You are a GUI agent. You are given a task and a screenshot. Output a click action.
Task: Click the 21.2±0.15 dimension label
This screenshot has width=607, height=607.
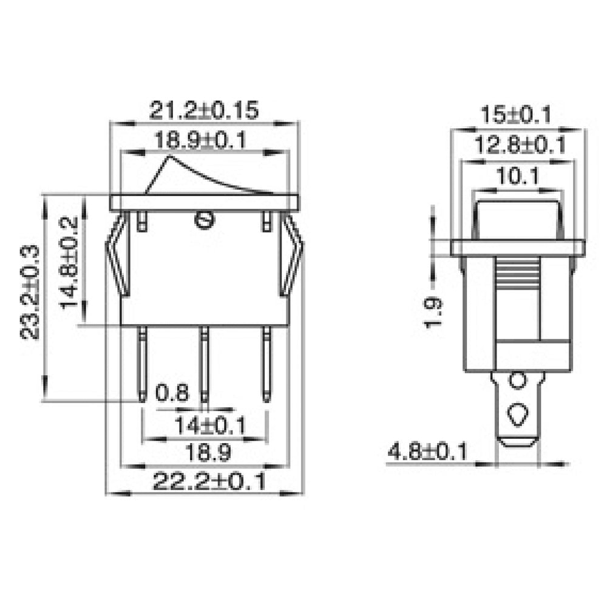click(x=204, y=110)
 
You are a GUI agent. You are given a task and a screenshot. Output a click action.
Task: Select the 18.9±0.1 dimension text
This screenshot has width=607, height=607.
click(x=199, y=141)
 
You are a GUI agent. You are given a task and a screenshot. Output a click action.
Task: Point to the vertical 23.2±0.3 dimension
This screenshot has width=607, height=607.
click(x=30, y=291)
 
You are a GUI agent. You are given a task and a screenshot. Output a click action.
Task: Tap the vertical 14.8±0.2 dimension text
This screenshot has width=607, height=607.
click(x=69, y=261)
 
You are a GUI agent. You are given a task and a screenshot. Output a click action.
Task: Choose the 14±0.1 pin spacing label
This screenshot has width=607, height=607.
click(x=209, y=426)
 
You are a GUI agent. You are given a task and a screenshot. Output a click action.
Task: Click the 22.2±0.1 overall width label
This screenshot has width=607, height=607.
click(x=209, y=482)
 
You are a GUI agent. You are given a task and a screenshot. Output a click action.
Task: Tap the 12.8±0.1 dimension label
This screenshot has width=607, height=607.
click(x=519, y=145)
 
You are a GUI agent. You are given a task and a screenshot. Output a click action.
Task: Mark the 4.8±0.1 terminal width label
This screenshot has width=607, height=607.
click(x=428, y=452)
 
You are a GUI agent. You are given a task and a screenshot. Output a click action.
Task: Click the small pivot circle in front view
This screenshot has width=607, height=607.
click(x=204, y=220)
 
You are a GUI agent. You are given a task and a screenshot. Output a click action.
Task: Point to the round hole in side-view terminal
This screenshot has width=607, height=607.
click(x=517, y=381)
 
